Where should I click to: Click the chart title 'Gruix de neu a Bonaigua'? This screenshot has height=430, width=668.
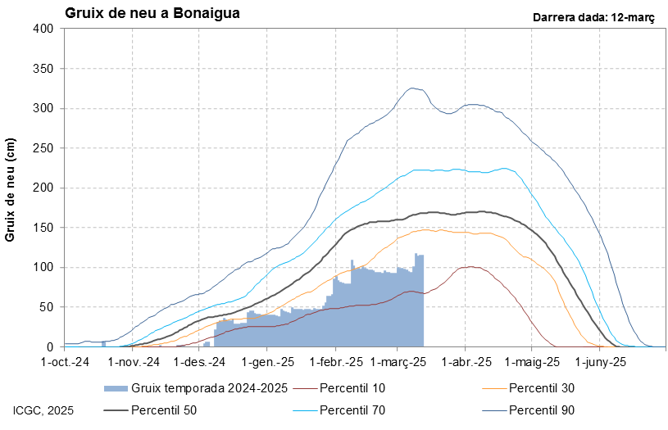click(152, 14)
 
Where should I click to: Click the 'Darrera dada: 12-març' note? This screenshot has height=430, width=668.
click(593, 17)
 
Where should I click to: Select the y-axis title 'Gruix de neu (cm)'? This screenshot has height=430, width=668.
click(11, 190)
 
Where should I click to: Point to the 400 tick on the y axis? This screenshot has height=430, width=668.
click(43, 29)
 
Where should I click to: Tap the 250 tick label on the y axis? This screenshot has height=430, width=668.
click(43, 148)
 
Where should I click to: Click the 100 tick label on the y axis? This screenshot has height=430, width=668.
click(43, 268)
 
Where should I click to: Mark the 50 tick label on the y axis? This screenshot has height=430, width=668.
click(46, 307)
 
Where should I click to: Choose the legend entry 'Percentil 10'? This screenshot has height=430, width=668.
click(352, 388)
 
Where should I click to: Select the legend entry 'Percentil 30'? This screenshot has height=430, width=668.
click(540, 388)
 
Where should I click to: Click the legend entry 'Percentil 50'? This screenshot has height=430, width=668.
click(163, 410)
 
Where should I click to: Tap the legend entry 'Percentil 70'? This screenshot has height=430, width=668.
click(352, 410)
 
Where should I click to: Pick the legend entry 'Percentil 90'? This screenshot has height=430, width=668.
click(540, 410)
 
